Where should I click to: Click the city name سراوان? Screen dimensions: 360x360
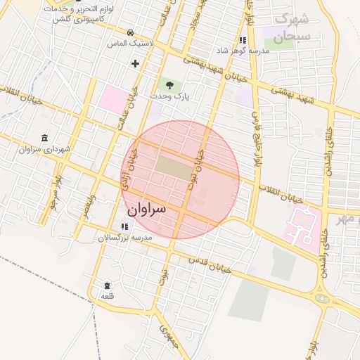click(x=146, y=210)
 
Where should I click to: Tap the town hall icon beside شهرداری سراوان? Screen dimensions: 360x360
click(x=46, y=137)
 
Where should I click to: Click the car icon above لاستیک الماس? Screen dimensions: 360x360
click(x=131, y=32)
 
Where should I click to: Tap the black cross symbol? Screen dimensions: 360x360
click(x=135, y=64)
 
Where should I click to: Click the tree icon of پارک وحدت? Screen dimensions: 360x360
click(x=168, y=84)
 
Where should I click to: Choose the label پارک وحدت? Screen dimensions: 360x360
click(x=169, y=96)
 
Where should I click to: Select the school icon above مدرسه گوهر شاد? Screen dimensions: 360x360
click(x=243, y=40)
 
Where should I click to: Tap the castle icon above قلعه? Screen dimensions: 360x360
click(x=107, y=285)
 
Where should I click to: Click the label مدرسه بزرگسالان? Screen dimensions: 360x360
click(x=124, y=238)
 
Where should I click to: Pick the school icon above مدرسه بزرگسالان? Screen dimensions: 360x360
click(x=124, y=226)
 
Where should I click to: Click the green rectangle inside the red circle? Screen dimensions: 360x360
click(x=172, y=167)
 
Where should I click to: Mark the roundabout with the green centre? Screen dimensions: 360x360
click(x=322, y=298)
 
